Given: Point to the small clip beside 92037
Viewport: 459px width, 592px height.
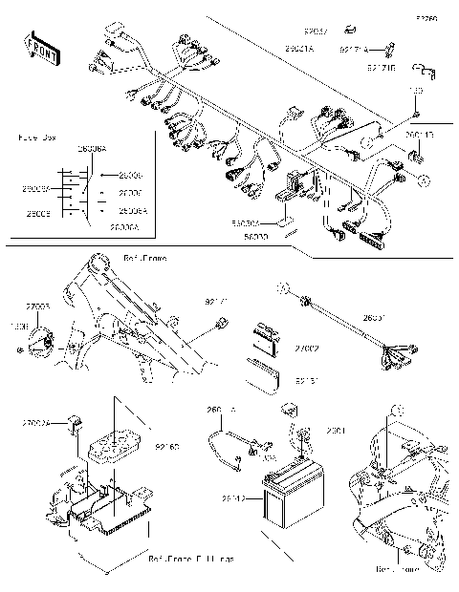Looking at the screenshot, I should (350, 31).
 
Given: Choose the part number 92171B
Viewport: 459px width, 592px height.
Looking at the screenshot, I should (382, 68).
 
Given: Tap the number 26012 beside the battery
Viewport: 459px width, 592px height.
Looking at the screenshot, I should (234, 497).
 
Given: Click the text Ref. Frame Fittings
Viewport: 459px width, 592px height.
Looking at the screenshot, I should (193, 558).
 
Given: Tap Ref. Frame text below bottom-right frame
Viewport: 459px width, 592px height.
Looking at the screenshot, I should (397, 569).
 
